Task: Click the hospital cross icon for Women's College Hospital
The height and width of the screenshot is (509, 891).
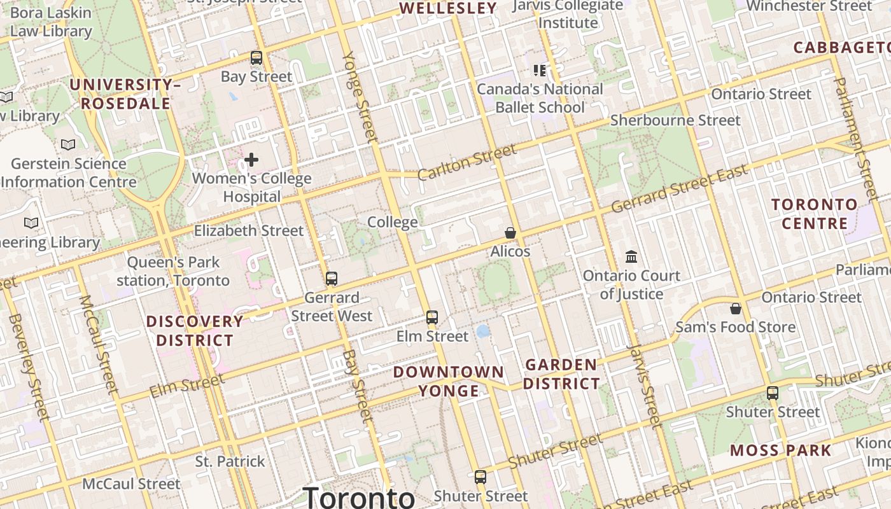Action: pos(251,159)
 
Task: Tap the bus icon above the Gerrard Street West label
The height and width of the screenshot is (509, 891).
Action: pos(331,278)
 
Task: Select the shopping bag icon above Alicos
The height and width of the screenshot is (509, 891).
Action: pos(510,233)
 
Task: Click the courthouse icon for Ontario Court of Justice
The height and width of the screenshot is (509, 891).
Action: pos(631,256)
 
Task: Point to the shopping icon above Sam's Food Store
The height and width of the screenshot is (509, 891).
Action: pos(736,309)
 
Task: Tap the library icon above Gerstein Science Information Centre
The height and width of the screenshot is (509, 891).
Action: pos(68,144)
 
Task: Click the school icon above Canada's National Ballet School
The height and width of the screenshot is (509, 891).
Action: pos(540,70)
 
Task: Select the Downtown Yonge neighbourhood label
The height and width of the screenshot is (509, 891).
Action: pos(448,381)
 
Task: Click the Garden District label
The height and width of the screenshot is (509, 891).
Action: pos(561,374)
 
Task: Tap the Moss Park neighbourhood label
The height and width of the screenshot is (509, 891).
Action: pos(780,450)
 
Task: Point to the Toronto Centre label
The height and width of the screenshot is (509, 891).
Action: pos(815,214)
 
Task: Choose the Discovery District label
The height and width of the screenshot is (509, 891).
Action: pos(195,330)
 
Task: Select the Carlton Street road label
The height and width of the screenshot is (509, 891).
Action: pos(467,162)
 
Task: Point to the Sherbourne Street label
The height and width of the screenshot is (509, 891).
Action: pos(675,120)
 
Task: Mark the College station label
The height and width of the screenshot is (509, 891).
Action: pos(393,222)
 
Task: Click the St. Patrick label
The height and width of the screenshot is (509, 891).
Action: pos(230,461)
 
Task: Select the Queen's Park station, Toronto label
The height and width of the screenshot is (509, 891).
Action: pos(173,271)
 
